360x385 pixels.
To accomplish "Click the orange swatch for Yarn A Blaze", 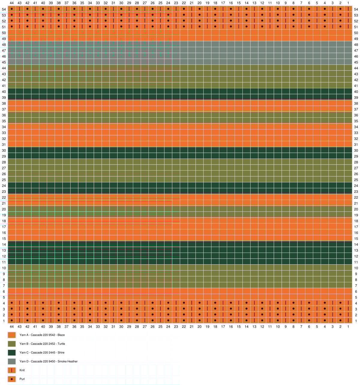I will tap(12, 335).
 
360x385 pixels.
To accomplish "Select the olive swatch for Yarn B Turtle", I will tap(12, 344).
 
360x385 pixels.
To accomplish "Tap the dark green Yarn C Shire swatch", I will tap(12, 353).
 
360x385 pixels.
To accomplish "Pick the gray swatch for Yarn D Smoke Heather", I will tap(12, 361).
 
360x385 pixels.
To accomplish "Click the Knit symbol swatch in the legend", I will tap(12, 370).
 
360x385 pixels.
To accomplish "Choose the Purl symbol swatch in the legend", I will tap(12, 379).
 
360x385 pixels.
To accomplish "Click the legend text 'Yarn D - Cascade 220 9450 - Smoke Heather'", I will tap(48, 361).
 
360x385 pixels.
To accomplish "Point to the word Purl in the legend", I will tap(22, 379).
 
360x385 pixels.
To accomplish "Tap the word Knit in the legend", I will tap(22, 370).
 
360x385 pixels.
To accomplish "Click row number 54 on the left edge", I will tap(4, 9).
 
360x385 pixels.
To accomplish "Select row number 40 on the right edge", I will tap(356, 92).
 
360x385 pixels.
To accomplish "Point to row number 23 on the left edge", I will tap(4, 192).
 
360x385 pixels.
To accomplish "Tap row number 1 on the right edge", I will tap(356, 321).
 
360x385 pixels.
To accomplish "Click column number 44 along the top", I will tap(12, 3).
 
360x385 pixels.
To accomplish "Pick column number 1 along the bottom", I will tap(348, 326).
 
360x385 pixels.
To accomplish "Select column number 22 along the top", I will tap(184, 3).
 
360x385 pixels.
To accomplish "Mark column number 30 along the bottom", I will tap(121, 326).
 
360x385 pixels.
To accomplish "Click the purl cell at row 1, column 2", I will tap(340, 321).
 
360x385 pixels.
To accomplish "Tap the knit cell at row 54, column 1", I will tap(348, 9).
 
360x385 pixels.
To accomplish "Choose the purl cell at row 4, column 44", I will tap(12, 303).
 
